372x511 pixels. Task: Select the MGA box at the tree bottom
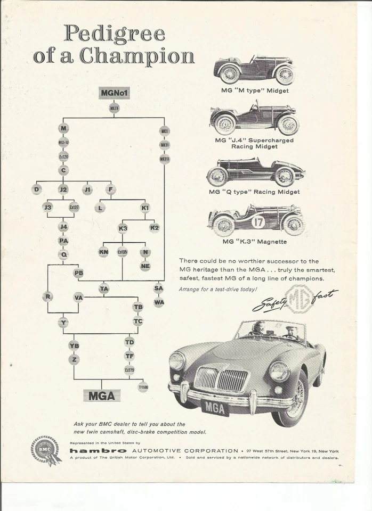point(101,395)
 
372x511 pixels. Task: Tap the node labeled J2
point(63,189)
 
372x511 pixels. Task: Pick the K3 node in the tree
point(123,228)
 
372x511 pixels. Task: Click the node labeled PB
point(78,273)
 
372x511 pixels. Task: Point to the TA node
point(104,289)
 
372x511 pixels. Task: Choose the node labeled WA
point(159,303)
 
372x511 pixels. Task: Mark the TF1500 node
point(143,387)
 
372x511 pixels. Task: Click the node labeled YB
point(74,345)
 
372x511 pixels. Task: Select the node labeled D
point(36,189)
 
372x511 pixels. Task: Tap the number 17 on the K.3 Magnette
point(258,221)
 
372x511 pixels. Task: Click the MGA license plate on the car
point(215,408)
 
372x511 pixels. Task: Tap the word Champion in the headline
point(138,56)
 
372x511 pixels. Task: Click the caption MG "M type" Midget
point(255,90)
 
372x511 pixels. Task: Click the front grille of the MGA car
point(221,380)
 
